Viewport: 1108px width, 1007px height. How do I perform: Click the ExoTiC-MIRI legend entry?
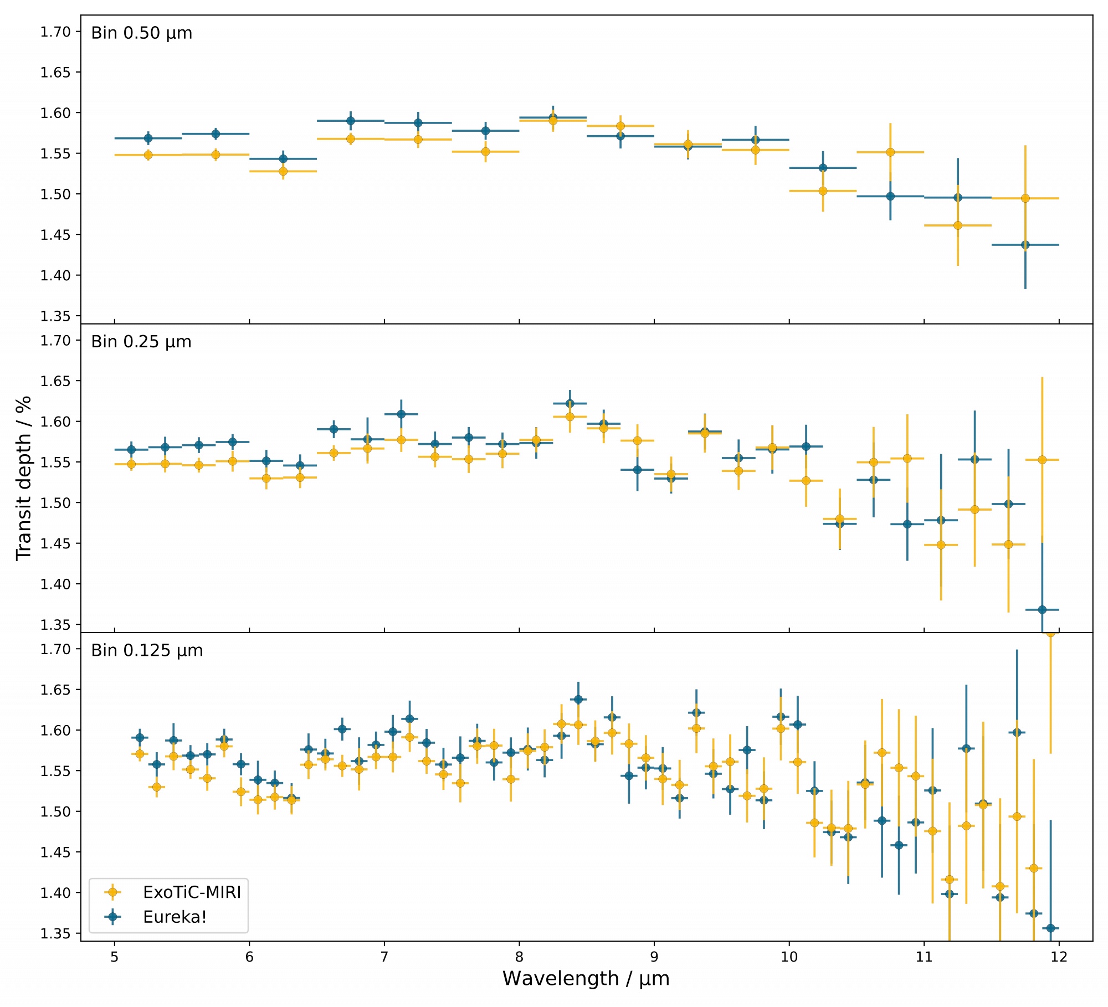pos(192,892)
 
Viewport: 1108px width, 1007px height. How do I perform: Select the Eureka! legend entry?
pos(175,917)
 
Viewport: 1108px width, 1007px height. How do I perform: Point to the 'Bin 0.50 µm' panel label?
pos(142,33)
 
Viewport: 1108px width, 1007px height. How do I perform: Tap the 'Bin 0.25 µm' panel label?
pos(141,342)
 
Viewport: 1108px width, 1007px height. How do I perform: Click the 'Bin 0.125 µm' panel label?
pos(147,650)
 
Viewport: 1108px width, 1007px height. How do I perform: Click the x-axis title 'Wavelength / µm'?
pos(586,979)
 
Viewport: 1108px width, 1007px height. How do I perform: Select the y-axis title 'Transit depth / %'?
pos(23,477)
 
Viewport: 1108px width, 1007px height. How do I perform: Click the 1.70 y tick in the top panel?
pos(55,32)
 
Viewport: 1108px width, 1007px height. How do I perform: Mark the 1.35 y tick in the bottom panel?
pos(55,934)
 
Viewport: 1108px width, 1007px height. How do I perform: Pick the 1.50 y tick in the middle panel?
pos(55,503)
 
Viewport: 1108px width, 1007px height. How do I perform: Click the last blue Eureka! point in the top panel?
pos(1025,245)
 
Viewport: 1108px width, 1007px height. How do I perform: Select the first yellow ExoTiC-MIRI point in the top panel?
pos(148,155)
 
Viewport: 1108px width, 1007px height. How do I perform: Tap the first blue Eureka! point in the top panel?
pos(148,138)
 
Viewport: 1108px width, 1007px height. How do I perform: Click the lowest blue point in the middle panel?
pos(1042,610)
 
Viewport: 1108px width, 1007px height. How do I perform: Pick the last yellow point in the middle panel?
pos(1042,460)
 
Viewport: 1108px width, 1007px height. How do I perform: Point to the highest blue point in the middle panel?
pos(570,403)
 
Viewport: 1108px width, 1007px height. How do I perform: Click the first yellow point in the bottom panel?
pos(140,754)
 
